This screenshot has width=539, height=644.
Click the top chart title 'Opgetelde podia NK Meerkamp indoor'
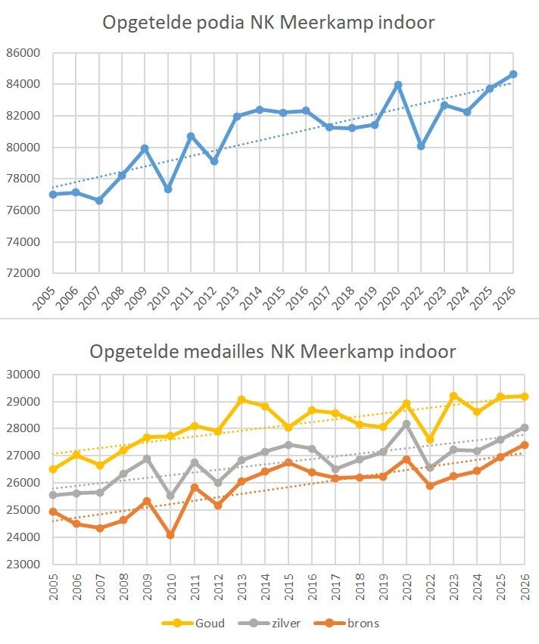[269, 22]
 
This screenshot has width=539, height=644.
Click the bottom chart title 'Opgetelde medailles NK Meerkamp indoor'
[273, 352]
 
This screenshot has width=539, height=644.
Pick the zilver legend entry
[279, 624]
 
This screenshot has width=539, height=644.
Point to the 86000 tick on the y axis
[24, 53]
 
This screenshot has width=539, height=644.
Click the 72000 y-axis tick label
[24, 273]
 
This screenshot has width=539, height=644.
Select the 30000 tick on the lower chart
[24, 375]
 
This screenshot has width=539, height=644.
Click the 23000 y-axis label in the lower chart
[24, 565]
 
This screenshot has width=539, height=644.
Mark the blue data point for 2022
[421, 146]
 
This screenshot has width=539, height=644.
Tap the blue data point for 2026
[513, 74]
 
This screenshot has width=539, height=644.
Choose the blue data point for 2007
[99, 201]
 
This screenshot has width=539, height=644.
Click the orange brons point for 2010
[170, 535]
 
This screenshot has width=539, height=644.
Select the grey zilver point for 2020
[407, 424]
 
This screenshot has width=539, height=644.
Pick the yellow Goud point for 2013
[241, 400]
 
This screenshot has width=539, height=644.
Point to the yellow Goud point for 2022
[430, 440]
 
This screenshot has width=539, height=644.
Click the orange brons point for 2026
[524, 445]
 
